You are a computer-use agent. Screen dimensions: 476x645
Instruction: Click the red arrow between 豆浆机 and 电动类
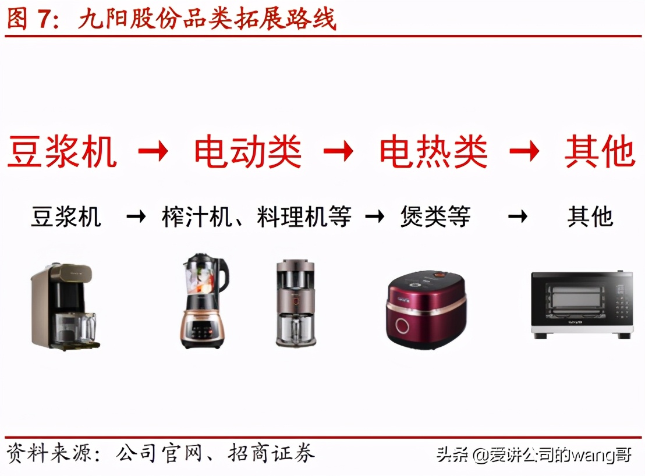153,152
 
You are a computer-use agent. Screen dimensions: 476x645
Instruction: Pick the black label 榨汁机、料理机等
257,217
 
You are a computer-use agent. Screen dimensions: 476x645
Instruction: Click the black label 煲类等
435,217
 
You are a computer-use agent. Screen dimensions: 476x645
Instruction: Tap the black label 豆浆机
66,217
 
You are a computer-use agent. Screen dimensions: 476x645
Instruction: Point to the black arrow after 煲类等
517,217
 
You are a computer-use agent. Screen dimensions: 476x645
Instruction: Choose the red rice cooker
426,309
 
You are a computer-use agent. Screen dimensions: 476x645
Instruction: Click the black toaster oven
581,304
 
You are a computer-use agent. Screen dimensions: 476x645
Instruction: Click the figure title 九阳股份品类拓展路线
207,19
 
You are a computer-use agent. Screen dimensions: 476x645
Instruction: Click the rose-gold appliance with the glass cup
296,304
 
